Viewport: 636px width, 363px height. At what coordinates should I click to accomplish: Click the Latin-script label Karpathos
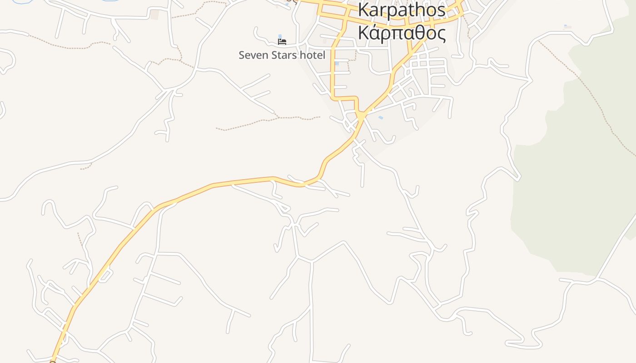(402, 10)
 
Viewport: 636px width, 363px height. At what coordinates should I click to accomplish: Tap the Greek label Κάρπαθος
(402, 33)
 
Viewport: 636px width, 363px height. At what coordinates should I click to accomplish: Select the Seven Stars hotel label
(282, 55)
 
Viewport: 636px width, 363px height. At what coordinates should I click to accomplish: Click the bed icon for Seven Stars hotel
(282, 42)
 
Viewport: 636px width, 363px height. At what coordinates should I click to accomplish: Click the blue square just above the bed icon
(280, 36)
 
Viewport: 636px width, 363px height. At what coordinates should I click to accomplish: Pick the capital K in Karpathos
(363, 10)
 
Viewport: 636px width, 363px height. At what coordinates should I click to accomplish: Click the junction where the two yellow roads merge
(361, 116)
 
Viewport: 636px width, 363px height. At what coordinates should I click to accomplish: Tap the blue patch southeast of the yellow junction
(381, 118)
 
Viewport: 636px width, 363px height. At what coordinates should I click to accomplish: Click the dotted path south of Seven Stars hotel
(268, 121)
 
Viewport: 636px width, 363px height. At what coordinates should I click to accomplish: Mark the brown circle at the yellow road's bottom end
(53, 362)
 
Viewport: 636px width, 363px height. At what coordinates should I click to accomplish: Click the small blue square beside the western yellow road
(337, 64)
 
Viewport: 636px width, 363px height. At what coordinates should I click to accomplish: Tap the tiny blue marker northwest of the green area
(565, 26)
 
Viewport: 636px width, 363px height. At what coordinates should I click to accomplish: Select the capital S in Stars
(273, 55)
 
